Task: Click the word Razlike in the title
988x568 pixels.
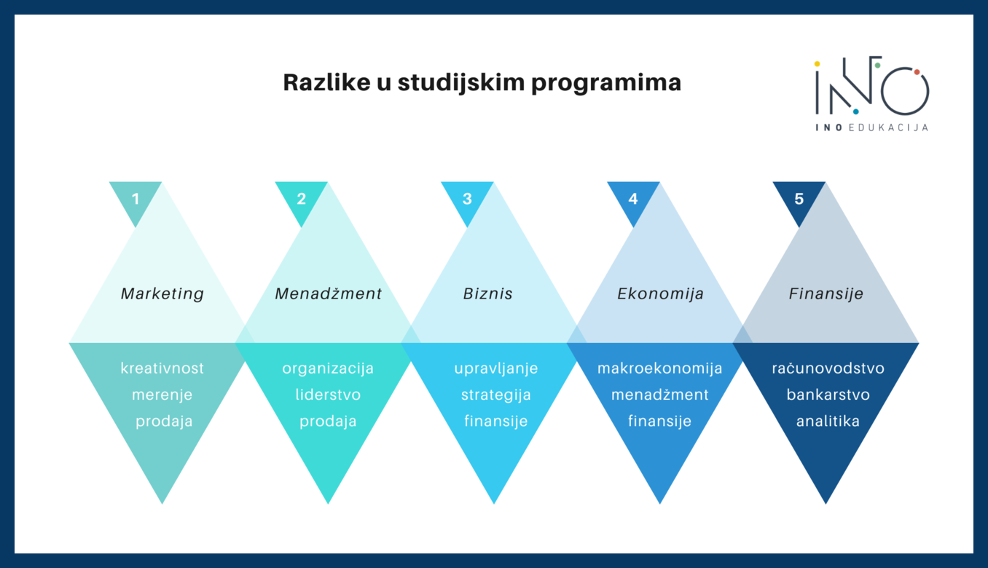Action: [x=327, y=82]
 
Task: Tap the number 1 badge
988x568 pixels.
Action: [x=136, y=199]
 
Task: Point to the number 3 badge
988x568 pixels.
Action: [x=467, y=199]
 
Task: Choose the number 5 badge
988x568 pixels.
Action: [x=799, y=199]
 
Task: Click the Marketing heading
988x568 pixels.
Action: [x=162, y=294]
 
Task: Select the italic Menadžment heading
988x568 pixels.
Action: [x=328, y=293]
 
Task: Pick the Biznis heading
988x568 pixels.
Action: [x=488, y=293]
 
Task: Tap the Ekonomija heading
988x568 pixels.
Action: [x=660, y=294]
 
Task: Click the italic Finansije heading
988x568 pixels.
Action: [x=826, y=294]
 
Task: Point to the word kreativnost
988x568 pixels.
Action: [x=162, y=368]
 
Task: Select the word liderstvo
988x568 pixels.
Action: [x=328, y=394]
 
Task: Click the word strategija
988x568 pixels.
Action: [x=495, y=395]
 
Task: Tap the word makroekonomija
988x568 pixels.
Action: [x=660, y=368]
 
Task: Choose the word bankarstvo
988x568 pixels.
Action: [x=828, y=394]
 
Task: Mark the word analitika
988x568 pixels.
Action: [x=828, y=421]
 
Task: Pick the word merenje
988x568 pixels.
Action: [x=162, y=395]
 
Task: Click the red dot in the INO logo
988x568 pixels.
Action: [x=917, y=72]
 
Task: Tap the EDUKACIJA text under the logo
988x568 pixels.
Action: [x=888, y=127]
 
